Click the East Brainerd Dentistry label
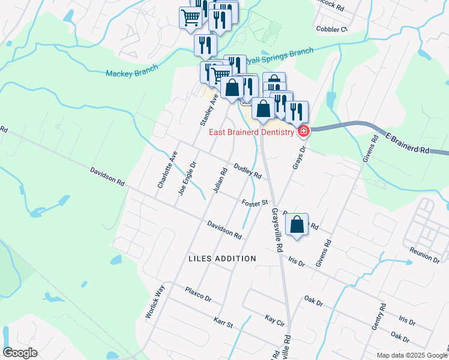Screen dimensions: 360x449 pos(252,132)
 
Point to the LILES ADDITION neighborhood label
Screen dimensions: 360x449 pos(222,259)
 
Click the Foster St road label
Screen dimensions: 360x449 pos(255,203)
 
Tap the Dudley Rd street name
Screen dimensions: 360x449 pos(247,172)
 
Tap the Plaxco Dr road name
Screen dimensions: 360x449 pos(199,294)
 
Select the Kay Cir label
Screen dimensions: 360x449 pos(274,317)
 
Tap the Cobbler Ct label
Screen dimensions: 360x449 pos(331,29)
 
